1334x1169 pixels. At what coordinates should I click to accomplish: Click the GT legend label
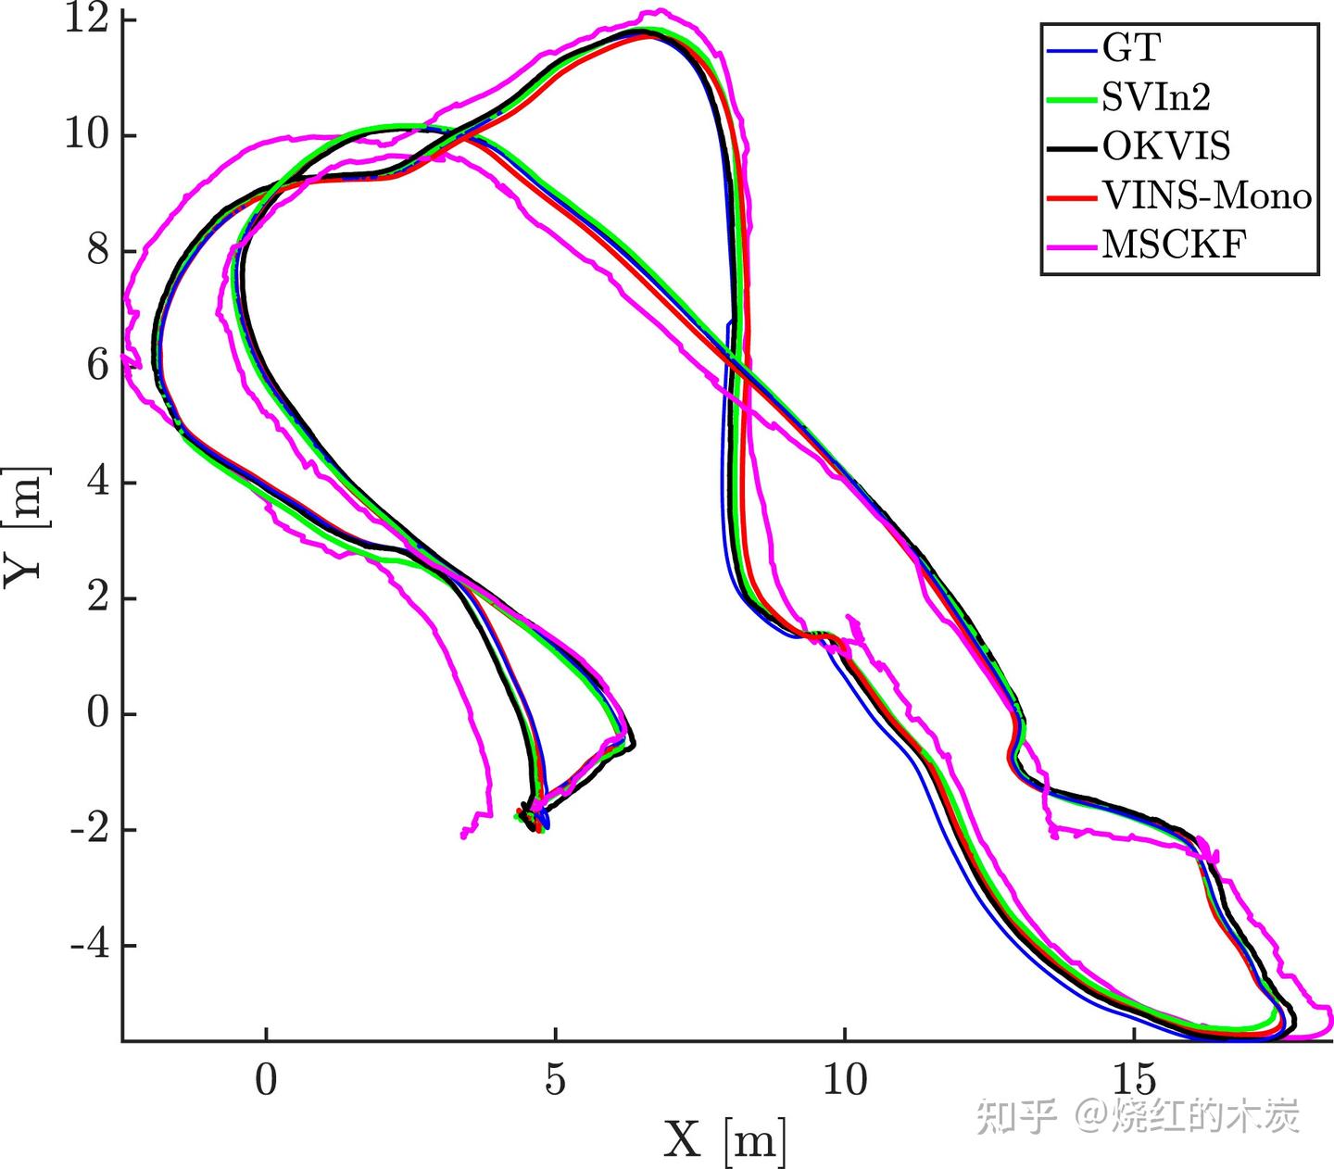pos(1131,48)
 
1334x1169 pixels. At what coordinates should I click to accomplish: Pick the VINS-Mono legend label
pos(1206,195)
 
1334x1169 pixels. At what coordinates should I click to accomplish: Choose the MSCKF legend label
pos(1174,245)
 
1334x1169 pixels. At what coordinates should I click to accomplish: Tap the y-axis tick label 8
pos(98,251)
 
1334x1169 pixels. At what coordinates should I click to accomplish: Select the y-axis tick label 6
pos(98,367)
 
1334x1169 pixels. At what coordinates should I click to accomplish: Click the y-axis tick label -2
pos(91,830)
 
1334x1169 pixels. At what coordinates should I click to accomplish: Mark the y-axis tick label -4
pos(91,946)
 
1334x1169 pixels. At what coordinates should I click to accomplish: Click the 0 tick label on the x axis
pos(266,1080)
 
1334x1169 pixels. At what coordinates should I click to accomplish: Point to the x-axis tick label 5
pos(555,1080)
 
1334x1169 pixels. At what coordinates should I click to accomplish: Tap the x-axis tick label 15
pos(1134,1080)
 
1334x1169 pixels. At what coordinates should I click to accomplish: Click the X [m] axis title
pos(724,1139)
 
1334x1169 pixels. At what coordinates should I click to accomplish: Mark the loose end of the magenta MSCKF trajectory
pos(463,836)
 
